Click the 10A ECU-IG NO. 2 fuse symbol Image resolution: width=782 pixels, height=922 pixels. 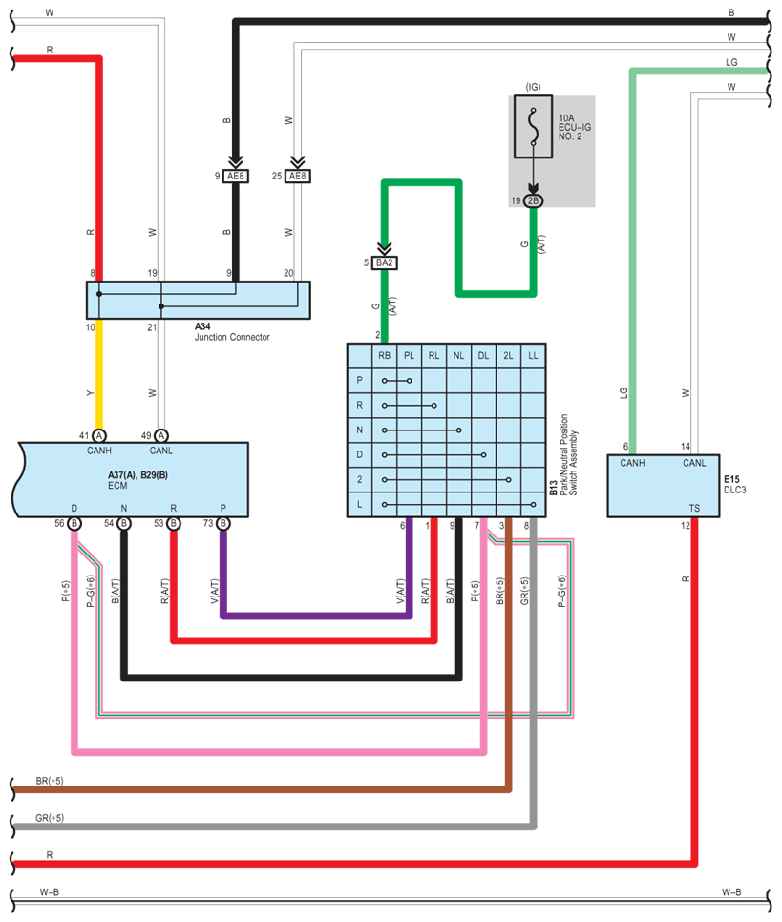pos(533,127)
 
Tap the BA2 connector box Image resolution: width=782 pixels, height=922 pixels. pos(384,262)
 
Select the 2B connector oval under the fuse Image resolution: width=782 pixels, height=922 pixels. pos(533,201)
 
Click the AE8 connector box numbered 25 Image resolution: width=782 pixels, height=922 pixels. pos(298,176)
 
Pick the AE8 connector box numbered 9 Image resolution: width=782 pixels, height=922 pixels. pos(236,176)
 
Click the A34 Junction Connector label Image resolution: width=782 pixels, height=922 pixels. pos(232,331)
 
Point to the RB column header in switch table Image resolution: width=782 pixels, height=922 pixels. pos(384,356)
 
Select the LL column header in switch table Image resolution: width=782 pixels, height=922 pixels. pos(533,356)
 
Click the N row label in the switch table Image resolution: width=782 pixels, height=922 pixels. pos(360,430)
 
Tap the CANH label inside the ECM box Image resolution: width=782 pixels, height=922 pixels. pos(99,451)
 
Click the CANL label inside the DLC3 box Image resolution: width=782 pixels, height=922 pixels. pos(694,463)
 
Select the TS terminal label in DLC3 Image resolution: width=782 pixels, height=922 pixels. pos(694,508)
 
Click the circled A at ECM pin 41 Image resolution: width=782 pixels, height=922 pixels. pos(99,436)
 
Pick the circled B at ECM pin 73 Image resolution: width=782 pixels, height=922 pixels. pos(223,523)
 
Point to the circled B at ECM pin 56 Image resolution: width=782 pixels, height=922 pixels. pos(74,523)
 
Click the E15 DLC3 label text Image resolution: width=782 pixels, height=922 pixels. pos(735,485)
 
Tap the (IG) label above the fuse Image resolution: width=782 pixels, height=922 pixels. pos(533,87)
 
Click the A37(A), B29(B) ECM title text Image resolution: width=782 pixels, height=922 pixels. pos(137,475)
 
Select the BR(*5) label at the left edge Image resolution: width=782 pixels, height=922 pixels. pos(50,781)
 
